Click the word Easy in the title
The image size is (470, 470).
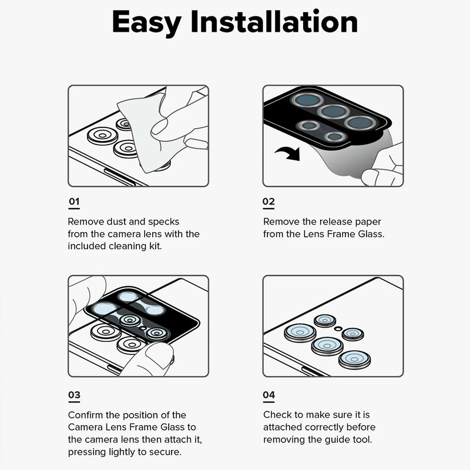pos(146,23)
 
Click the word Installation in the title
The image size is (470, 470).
pos(274,21)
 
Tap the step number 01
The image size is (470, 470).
pos(74,201)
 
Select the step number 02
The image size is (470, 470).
pos(268,201)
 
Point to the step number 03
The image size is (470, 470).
pos(75,395)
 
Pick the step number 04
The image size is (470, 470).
pos(269,395)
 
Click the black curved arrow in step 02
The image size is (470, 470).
pos(288,153)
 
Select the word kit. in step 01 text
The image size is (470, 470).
pos(156,246)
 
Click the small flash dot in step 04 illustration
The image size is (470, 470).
pos(338,328)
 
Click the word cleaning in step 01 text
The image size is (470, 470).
pos(127,247)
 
